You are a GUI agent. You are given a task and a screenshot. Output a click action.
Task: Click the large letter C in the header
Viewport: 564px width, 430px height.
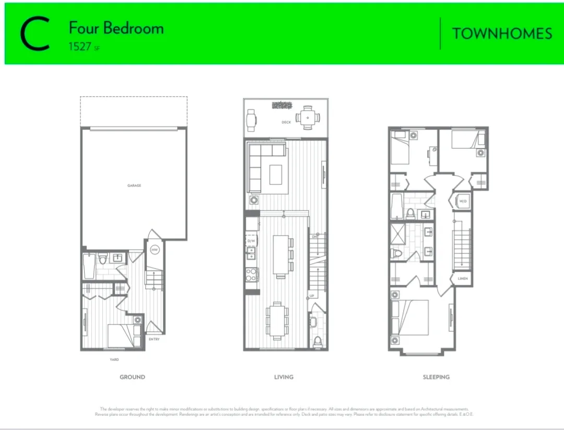(x=34, y=34)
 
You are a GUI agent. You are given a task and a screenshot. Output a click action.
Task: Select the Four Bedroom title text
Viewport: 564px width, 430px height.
(x=116, y=28)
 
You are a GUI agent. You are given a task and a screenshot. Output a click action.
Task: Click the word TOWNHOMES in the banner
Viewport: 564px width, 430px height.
(x=502, y=34)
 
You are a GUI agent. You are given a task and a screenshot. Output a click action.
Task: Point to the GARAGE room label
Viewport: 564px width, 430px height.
(x=134, y=185)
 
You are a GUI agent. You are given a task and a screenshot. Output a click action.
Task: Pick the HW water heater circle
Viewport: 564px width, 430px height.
(x=155, y=250)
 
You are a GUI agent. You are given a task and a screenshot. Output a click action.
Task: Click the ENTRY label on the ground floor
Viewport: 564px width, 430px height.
(x=154, y=340)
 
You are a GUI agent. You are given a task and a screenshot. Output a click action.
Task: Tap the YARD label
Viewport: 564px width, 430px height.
(x=114, y=359)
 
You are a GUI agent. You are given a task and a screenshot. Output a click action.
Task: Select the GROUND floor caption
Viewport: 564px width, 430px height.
(x=132, y=377)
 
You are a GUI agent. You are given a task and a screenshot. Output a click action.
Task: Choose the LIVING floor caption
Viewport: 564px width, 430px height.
(x=284, y=377)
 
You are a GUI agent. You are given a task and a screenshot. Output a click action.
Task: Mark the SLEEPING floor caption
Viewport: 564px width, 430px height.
(x=436, y=377)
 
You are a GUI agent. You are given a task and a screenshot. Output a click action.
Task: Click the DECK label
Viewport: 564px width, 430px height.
(x=286, y=122)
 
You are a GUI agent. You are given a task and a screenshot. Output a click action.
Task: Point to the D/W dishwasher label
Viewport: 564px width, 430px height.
(x=251, y=241)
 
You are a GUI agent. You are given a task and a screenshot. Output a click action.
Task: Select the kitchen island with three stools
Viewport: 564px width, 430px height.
(x=281, y=254)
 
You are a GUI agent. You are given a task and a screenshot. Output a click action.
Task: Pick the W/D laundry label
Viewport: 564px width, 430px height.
(x=463, y=201)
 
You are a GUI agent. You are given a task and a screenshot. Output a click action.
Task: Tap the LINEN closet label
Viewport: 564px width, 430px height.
(x=463, y=278)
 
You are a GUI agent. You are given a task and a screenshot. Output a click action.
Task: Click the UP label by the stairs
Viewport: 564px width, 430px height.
(x=312, y=296)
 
